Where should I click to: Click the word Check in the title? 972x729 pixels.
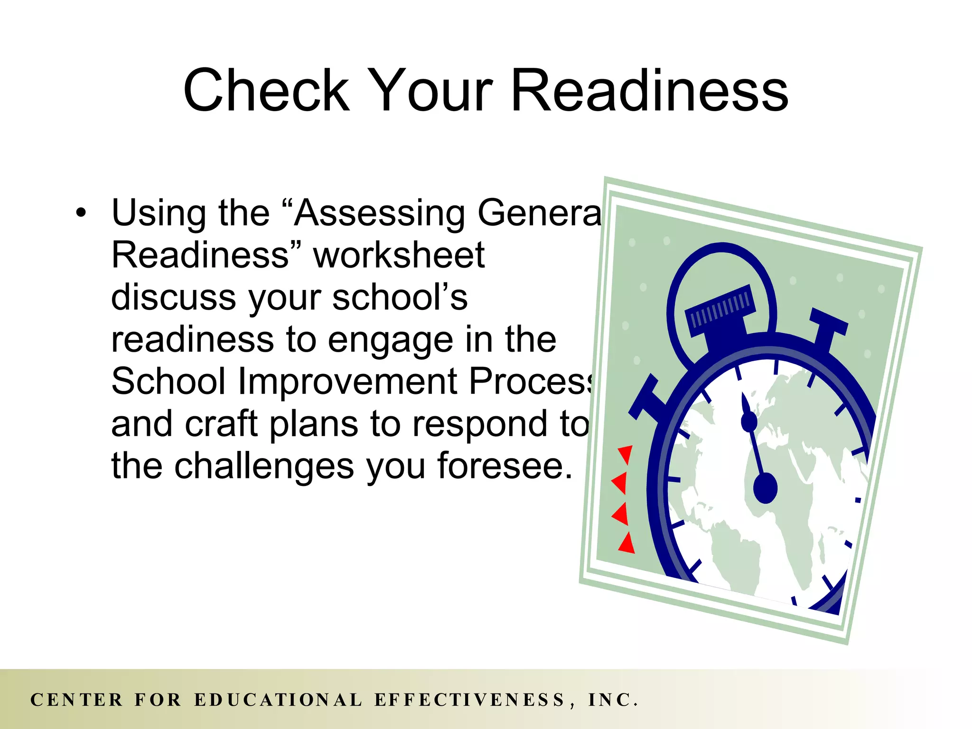pyautogui.click(x=266, y=90)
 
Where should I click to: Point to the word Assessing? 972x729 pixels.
pyautogui.click(x=380, y=213)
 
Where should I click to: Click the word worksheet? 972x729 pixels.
pyautogui.click(x=399, y=255)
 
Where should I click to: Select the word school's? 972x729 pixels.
pyautogui.click(x=400, y=298)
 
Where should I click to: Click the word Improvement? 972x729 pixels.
pyautogui.click(x=347, y=382)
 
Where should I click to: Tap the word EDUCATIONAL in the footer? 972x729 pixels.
pyautogui.click(x=278, y=700)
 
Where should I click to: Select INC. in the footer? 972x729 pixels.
pyautogui.click(x=612, y=700)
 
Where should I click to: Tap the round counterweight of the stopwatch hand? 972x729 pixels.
pyautogui.click(x=765, y=488)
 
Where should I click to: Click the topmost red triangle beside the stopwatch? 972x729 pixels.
pyautogui.click(x=626, y=454)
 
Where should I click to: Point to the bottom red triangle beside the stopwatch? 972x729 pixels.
pyautogui.click(x=627, y=543)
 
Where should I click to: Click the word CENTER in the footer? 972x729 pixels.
pyautogui.click(x=76, y=700)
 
